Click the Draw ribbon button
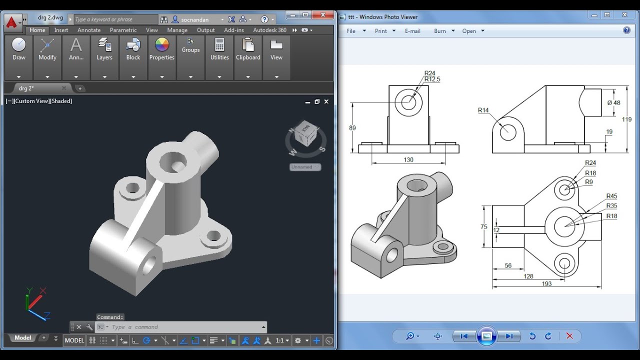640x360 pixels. (18, 49)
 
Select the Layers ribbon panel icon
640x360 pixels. (104, 45)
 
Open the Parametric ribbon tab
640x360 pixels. (123, 30)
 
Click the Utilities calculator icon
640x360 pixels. (219, 45)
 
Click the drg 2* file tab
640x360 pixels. (26, 88)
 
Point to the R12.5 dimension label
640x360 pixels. (432, 79)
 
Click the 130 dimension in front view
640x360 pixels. (408, 160)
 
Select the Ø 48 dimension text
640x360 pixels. (613, 102)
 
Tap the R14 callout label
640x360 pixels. (483, 110)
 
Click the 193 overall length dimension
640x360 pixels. (546, 283)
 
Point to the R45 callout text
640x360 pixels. (611, 196)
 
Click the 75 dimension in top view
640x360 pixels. (483, 226)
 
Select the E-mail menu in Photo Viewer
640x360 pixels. (412, 31)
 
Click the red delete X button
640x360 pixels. (569, 336)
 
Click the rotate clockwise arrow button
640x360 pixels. (548, 336)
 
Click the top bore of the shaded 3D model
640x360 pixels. (173, 161)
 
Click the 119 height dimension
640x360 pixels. (626, 119)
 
